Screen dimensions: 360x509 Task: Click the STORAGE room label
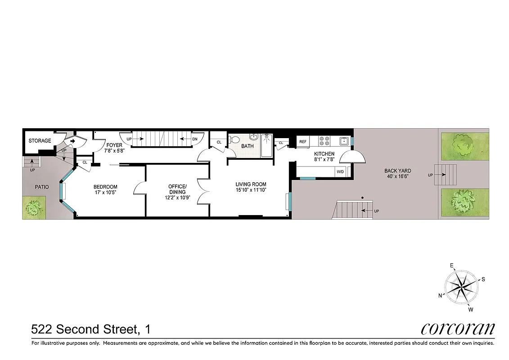point(40,141)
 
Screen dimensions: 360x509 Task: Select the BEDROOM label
point(105,187)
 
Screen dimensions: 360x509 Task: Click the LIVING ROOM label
point(251,184)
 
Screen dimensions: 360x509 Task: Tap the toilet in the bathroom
point(234,139)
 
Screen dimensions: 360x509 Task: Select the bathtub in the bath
point(266,145)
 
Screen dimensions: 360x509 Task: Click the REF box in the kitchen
point(303,142)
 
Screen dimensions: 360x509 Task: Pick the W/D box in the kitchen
point(340,171)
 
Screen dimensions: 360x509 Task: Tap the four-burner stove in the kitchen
point(324,141)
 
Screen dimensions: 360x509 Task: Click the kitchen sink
point(343,141)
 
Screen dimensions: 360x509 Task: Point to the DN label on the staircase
point(194,139)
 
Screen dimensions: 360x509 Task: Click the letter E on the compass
point(452,265)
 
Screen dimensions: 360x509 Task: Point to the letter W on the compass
point(470,309)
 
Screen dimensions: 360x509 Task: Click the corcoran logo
point(458,328)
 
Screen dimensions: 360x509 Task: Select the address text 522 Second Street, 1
point(90,329)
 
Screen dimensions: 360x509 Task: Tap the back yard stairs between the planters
point(448,175)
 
